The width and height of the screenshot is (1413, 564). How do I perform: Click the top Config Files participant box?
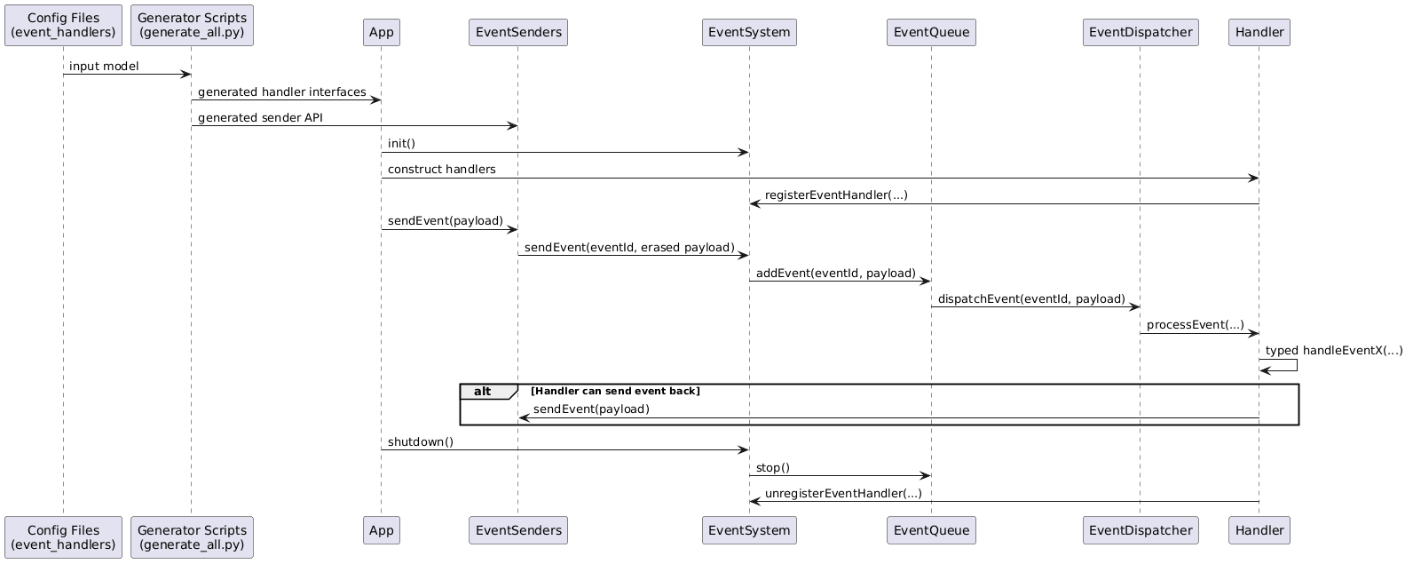(x=63, y=25)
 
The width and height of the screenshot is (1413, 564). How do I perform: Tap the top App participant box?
(x=381, y=32)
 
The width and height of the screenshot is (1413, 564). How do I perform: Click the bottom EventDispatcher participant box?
(x=1141, y=530)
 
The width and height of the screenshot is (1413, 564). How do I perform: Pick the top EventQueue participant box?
(x=931, y=32)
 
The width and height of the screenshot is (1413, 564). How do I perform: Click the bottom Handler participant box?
(x=1259, y=530)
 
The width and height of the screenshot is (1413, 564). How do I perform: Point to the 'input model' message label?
(x=104, y=67)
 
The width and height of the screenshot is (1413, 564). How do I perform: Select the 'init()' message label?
(x=401, y=144)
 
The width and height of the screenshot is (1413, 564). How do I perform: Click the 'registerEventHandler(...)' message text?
(x=836, y=195)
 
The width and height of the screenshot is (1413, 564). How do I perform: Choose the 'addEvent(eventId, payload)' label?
(x=835, y=273)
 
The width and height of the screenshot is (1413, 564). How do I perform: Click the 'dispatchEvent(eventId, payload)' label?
(x=1031, y=299)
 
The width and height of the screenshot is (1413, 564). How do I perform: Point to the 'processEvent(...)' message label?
(x=1195, y=325)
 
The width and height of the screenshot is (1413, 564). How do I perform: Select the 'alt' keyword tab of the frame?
(x=483, y=392)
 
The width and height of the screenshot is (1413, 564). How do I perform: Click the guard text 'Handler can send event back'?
(x=615, y=392)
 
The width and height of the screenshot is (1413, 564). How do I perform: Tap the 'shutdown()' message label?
(x=420, y=442)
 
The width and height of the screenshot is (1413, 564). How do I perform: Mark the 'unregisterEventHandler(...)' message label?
(x=843, y=494)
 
